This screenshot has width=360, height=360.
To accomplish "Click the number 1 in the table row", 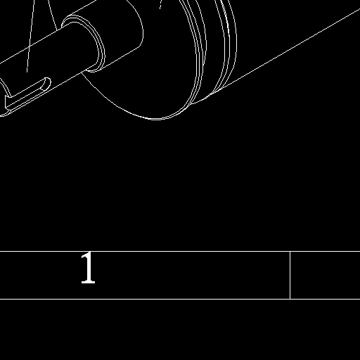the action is pyautogui.click(x=88, y=268).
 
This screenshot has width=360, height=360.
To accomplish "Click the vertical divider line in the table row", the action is pyautogui.click(x=290, y=275).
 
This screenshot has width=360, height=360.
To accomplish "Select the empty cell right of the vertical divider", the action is pyautogui.click(x=326, y=275).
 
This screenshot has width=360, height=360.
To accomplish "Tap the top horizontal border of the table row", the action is pyautogui.click(x=180, y=251).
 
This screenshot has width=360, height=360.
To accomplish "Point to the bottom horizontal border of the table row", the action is pyautogui.click(x=180, y=299).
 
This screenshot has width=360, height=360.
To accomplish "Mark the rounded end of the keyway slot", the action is pyautogui.click(x=47, y=83).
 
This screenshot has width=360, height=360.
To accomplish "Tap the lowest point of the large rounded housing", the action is pyautogui.click(x=156, y=119).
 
